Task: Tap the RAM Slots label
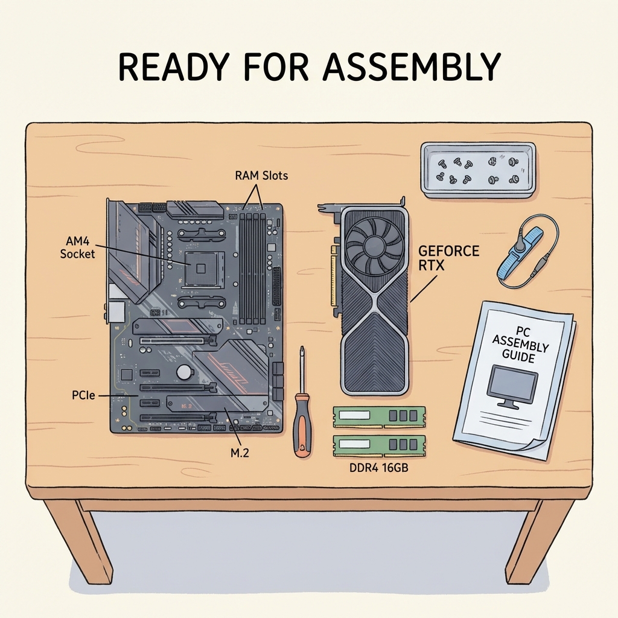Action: (261, 176)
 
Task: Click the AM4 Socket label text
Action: (78, 247)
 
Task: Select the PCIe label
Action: (83, 395)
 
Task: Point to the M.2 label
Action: (240, 453)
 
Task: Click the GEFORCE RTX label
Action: (448, 258)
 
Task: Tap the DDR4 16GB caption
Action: (379, 468)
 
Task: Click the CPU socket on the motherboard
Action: (201, 269)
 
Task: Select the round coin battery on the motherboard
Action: (184, 371)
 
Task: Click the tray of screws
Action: (478, 170)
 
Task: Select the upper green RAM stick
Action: (379, 417)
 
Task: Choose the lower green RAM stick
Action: (379, 446)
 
